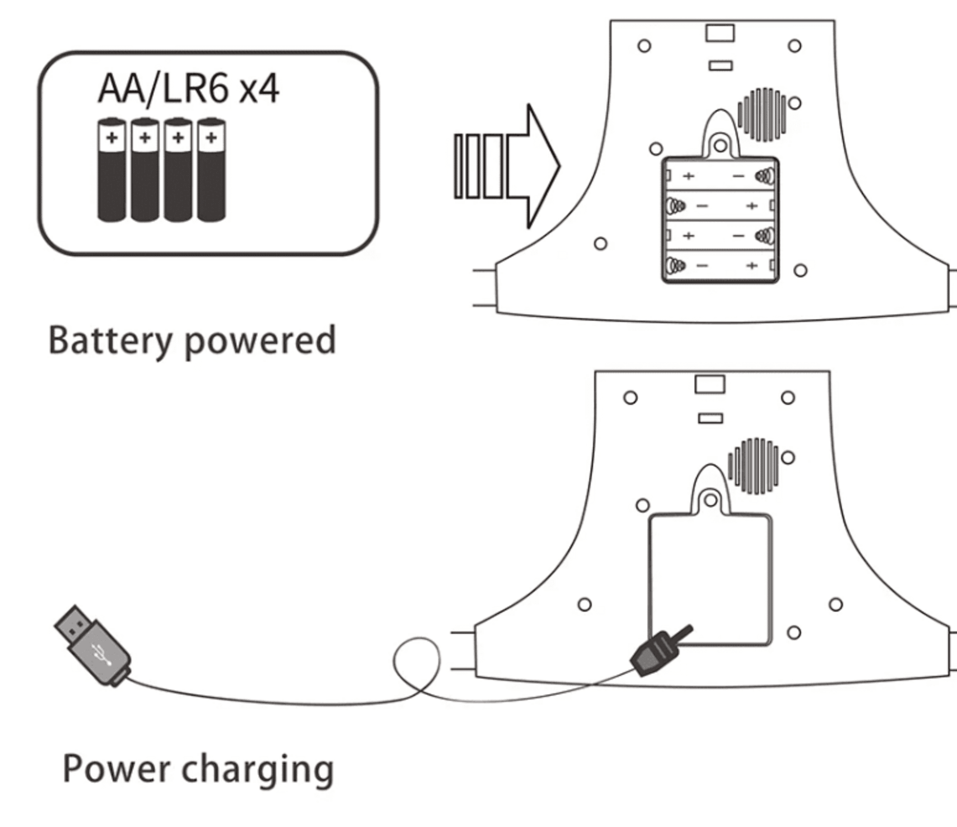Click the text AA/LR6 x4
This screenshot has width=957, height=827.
pyautogui.click(x=189, y=89)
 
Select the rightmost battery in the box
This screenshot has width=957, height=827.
pyautogui.click(x=211, y=170)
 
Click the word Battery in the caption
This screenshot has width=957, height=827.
pyautogui.click(x=110, y=341)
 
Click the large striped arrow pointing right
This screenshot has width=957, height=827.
pyautogui.click(x=508, y=166)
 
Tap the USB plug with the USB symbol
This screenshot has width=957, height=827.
pyautogui.click(x=92, y=645)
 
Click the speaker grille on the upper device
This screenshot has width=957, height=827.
pyautogui.click(x=761, y=115)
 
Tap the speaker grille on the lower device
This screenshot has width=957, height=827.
pyautogui.click(x=753, y=466)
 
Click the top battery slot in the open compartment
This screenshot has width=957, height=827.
pyautogui.click(x=721, y=176)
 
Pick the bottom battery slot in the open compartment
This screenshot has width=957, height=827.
pyautogui.click(x=721, y=266)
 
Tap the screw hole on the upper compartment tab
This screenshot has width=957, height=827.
pyautogui.click(x=720, y=146)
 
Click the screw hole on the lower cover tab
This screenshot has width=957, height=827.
pyautogui.click(x=711, y=500)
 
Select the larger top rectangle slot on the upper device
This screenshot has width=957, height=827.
pyautogui.click(x=720, y=33)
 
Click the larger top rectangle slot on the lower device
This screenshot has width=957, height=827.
pyautogui.click(x=710, y=384)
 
